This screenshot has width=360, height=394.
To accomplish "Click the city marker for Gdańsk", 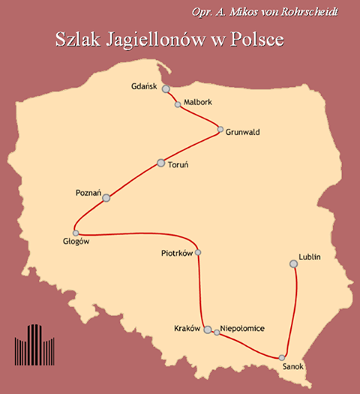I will [166, 89].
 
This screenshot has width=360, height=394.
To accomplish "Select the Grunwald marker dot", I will [220, 130].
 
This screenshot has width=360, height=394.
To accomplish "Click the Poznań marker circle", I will [106, 198].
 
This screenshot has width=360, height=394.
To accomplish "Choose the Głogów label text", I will [76, 241].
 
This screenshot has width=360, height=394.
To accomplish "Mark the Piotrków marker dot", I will [198, 252].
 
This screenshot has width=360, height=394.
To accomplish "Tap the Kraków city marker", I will [208, 329].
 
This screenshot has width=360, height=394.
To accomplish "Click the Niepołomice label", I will [243, 329].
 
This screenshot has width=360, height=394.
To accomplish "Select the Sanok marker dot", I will [282, 357].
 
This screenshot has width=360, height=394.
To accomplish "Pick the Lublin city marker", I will [294, 263].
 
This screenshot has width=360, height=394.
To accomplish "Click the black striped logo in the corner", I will [34, 344].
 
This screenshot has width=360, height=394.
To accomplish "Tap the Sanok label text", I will [295, 368].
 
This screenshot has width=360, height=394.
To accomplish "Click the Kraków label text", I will [186, 329].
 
